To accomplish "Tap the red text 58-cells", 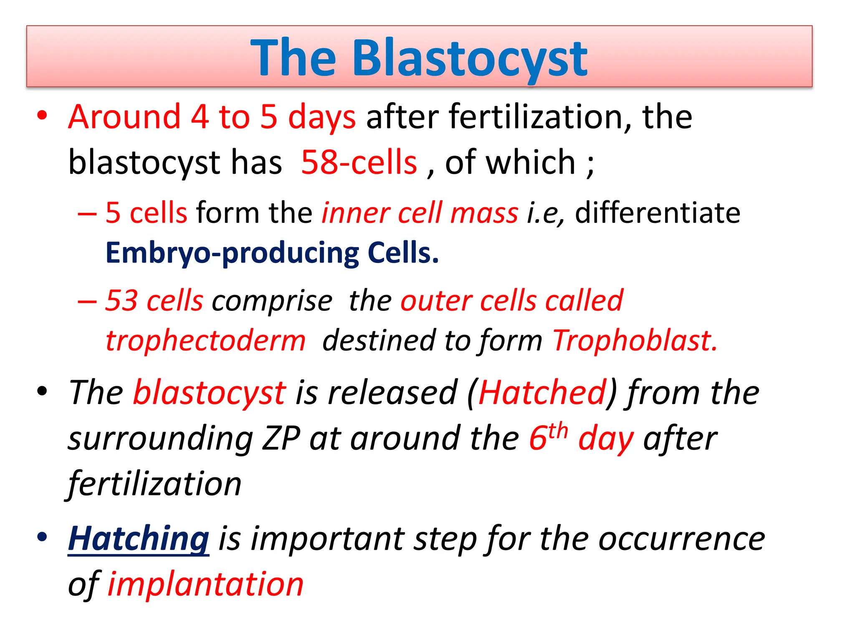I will pos(359,162).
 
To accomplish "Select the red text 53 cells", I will pos(154,300).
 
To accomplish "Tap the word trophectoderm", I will pos(205,341).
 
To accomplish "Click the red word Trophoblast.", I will pos(635,341).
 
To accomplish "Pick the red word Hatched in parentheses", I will pos(542,393).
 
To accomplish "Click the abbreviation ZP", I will pos(281,439).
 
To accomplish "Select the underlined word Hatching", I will pos(138,539).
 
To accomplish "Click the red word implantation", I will pos(205,584).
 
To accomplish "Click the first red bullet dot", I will pos(42,116).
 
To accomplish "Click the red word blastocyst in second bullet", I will pos(209,393).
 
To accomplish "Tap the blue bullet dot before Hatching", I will pos(42,537).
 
